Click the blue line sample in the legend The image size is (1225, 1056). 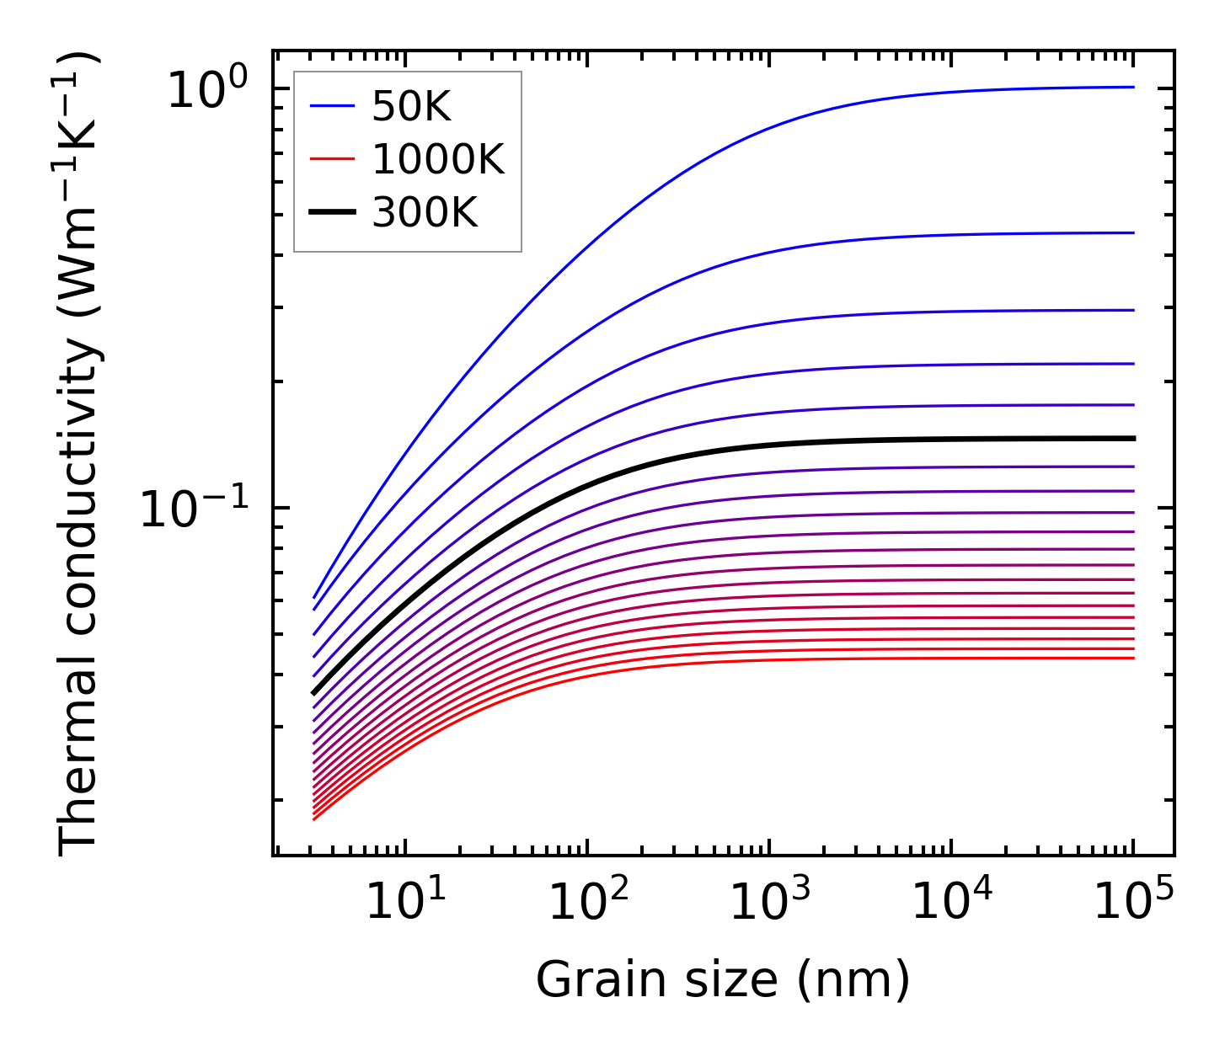point(334,106)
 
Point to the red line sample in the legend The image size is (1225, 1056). point(334,159)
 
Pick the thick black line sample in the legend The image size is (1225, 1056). point(334,213)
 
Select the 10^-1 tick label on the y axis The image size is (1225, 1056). point(195,509)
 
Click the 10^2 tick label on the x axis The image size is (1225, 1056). point(587,903)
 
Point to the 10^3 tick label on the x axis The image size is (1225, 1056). point(769,903)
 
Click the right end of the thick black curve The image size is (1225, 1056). point(1133,438)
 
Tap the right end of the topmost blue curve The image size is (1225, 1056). point(1133,87)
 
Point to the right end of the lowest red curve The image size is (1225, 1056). point(1133,658)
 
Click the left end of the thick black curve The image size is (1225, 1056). point(313,693)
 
